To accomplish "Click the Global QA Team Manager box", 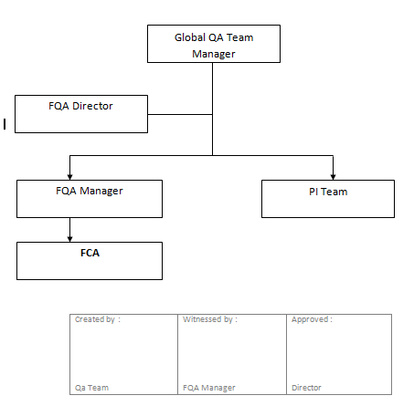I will (213, 44).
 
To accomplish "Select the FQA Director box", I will (81, 114).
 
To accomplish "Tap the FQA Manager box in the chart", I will (90, 199).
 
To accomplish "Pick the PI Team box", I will (327, 199).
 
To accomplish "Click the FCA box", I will (90, 260).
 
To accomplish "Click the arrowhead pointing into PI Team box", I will (334, 175).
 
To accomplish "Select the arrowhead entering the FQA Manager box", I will (70, 175).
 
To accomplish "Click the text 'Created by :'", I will (97, 320).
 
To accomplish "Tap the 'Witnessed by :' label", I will (209, 320).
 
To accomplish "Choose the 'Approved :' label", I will (311, 320).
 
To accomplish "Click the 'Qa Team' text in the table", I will (91, 388).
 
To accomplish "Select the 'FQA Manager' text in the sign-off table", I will (209, 388).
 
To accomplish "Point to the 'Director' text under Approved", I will (306, 388).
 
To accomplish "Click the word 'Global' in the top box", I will (190, 37).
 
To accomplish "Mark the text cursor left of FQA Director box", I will (5, 123).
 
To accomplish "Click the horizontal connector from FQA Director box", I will (180, 115).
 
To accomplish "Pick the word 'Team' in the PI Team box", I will (334, 192).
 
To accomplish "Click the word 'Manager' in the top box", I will (213, 54).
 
